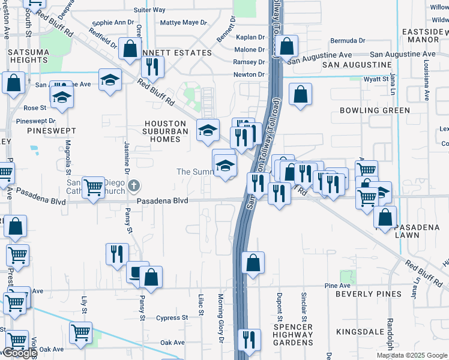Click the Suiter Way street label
coord(149,10)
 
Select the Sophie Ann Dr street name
coord(113,23)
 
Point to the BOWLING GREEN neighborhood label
coord(375,110)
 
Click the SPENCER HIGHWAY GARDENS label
coord(292,334)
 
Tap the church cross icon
coord(134,185)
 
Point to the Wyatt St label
coord(376,79)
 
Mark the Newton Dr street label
coord(249,75)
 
